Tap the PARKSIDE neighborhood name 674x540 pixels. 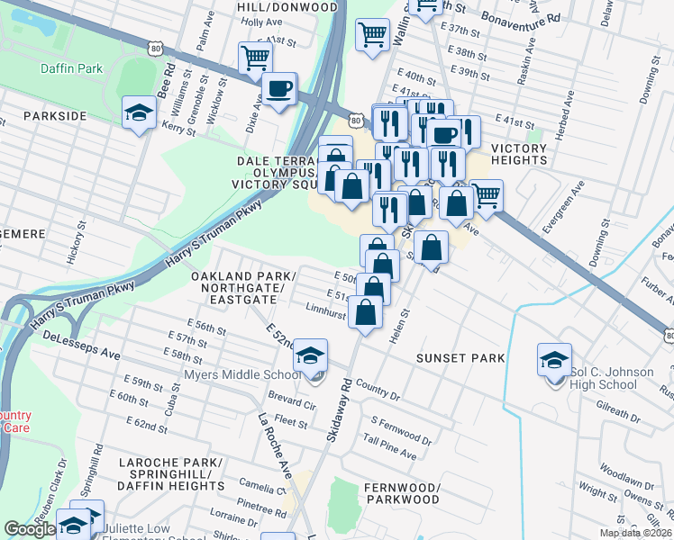pos(55,116)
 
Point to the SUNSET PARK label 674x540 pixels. pos(460,358)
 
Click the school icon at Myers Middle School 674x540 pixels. pos(310,357)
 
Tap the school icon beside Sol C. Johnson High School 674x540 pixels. pos(553,359)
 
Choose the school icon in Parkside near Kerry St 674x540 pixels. pos(139,112)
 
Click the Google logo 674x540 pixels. pos(30,529)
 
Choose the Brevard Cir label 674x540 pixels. pos(291,401)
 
